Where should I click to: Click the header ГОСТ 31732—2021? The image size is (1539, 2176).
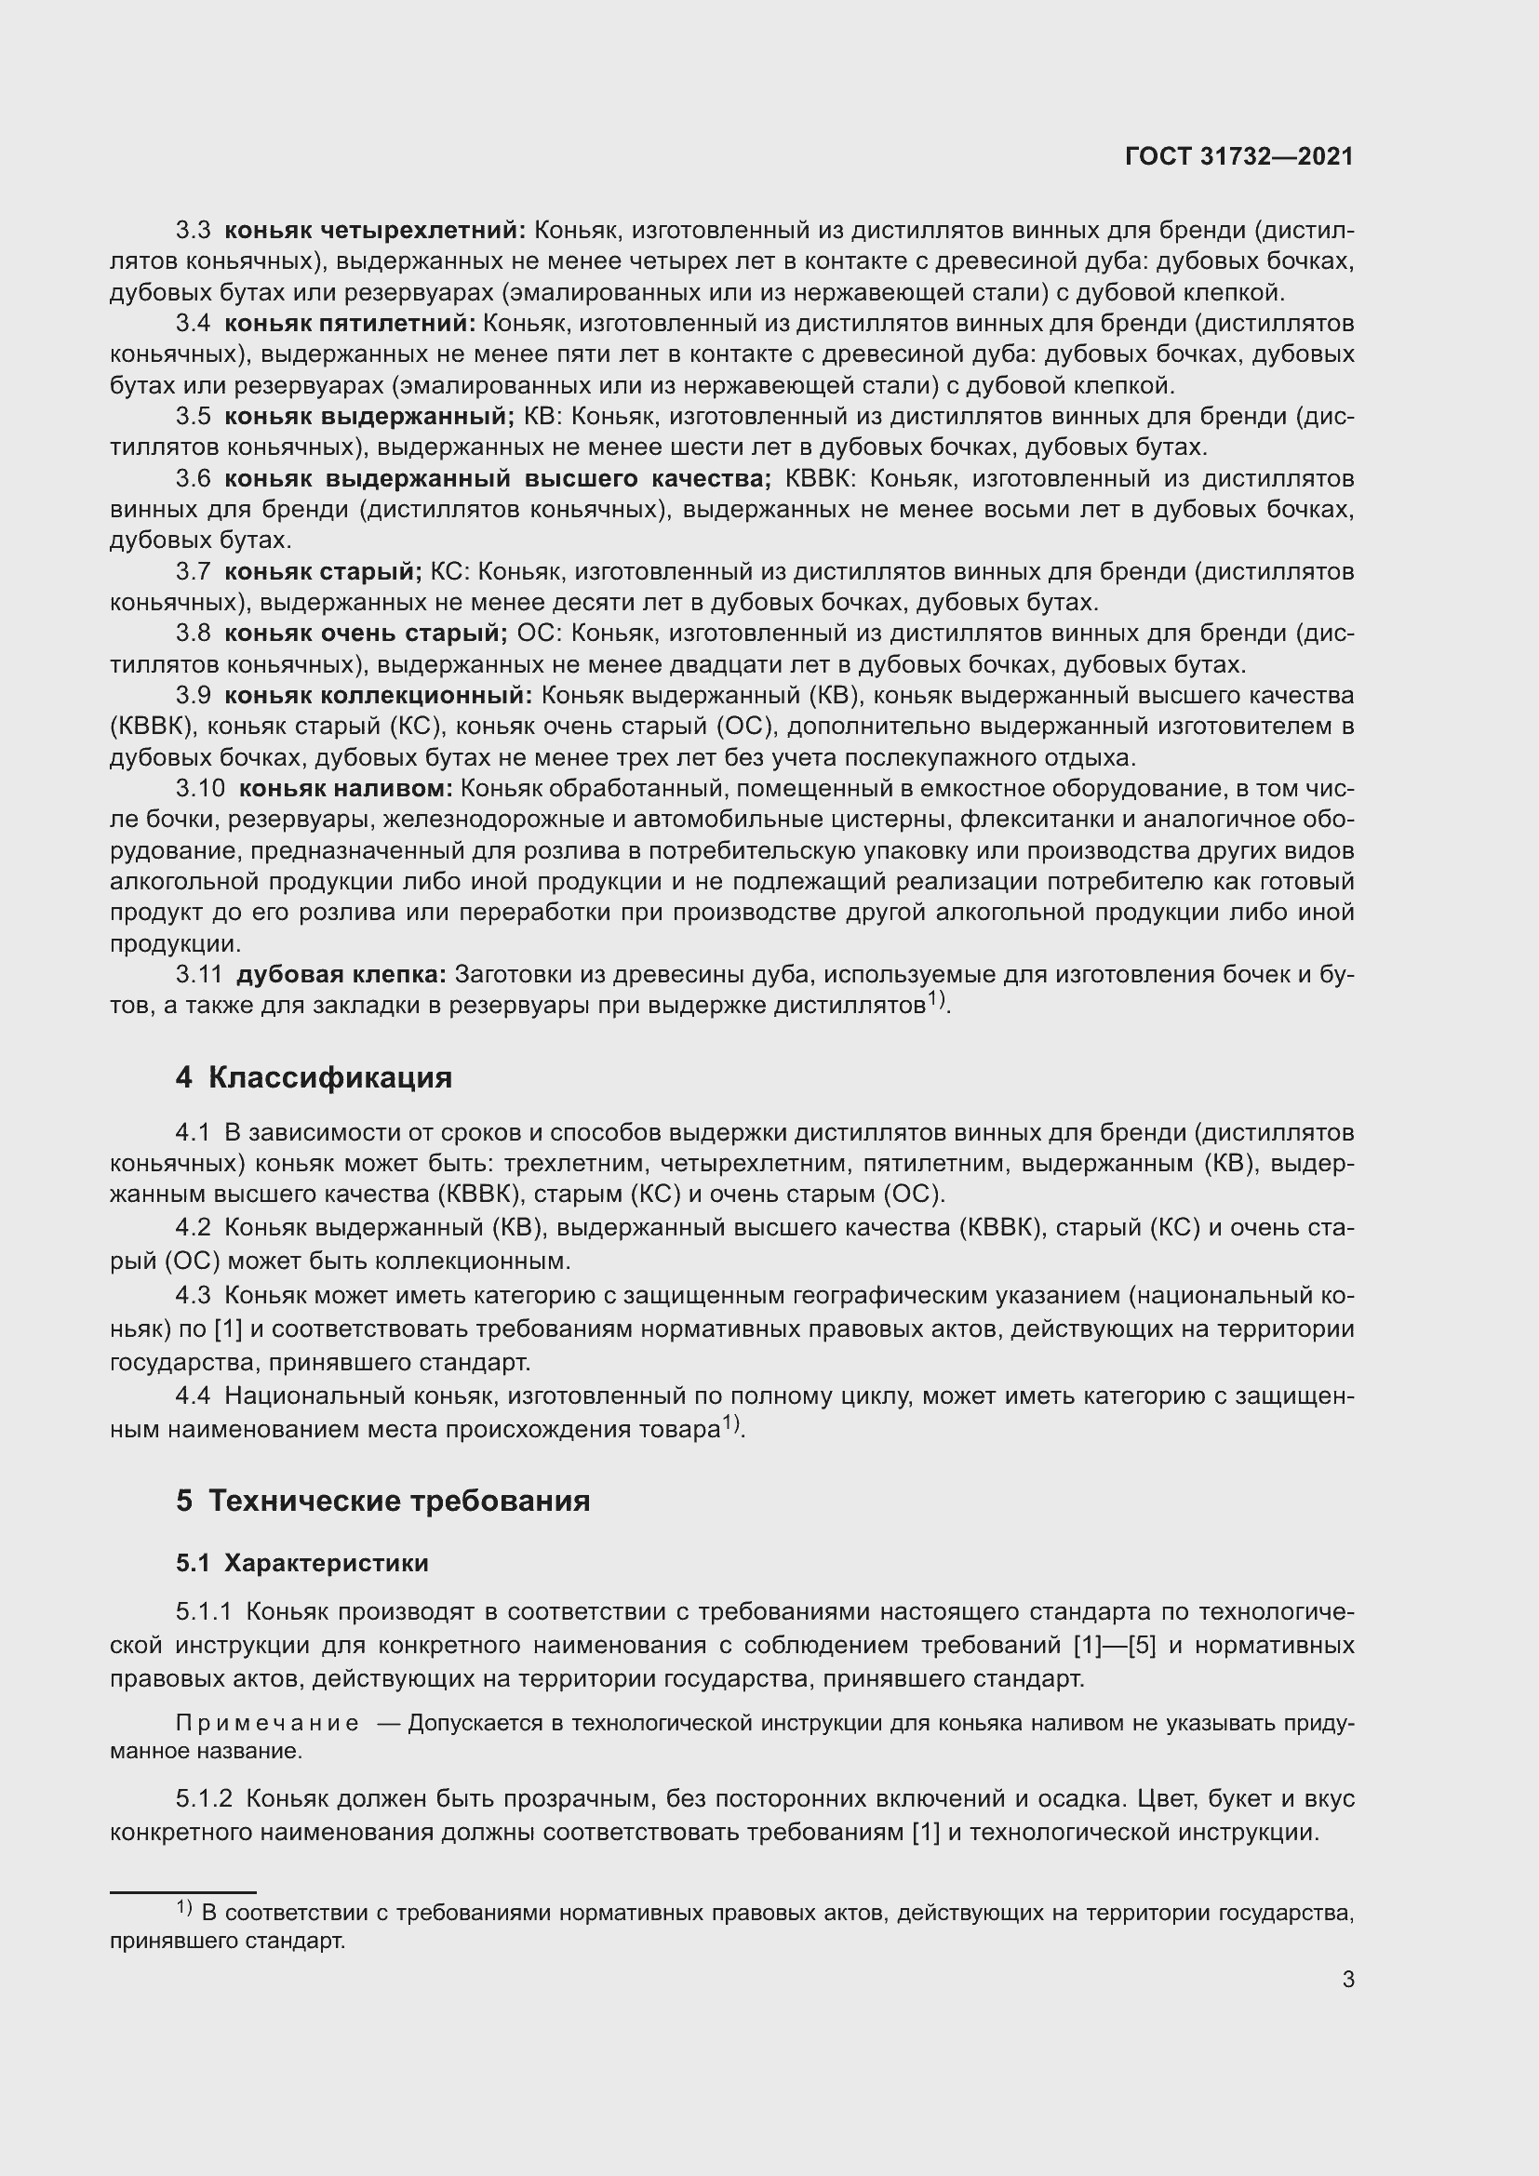[x=1238, y=156]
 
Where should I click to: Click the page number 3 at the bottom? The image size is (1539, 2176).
[x=1347, y=1979]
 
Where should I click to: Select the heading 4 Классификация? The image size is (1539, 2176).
[x=314, y=1077]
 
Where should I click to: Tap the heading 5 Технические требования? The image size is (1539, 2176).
[x=382, y=1502]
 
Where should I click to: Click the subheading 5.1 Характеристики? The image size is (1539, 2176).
[x=302, y=1564]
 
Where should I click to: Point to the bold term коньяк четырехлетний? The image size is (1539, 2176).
[x=374, y=231]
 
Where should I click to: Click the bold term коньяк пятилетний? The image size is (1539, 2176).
[x=350, y=323]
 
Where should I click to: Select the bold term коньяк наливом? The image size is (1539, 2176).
[x=346, y=789]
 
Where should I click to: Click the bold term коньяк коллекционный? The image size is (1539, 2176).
[x=378, y=696]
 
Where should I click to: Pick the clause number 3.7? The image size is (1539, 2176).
[x=194, y=571]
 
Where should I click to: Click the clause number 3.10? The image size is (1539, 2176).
[x=200, y=789]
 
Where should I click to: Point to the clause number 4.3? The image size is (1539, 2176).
[x=194, y=1296]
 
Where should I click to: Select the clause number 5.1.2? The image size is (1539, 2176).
[x=204, y=1799]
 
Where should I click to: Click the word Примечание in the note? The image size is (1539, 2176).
[x=267, y=1724]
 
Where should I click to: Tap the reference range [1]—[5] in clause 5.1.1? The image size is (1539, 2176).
[x=1115, y=1644]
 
